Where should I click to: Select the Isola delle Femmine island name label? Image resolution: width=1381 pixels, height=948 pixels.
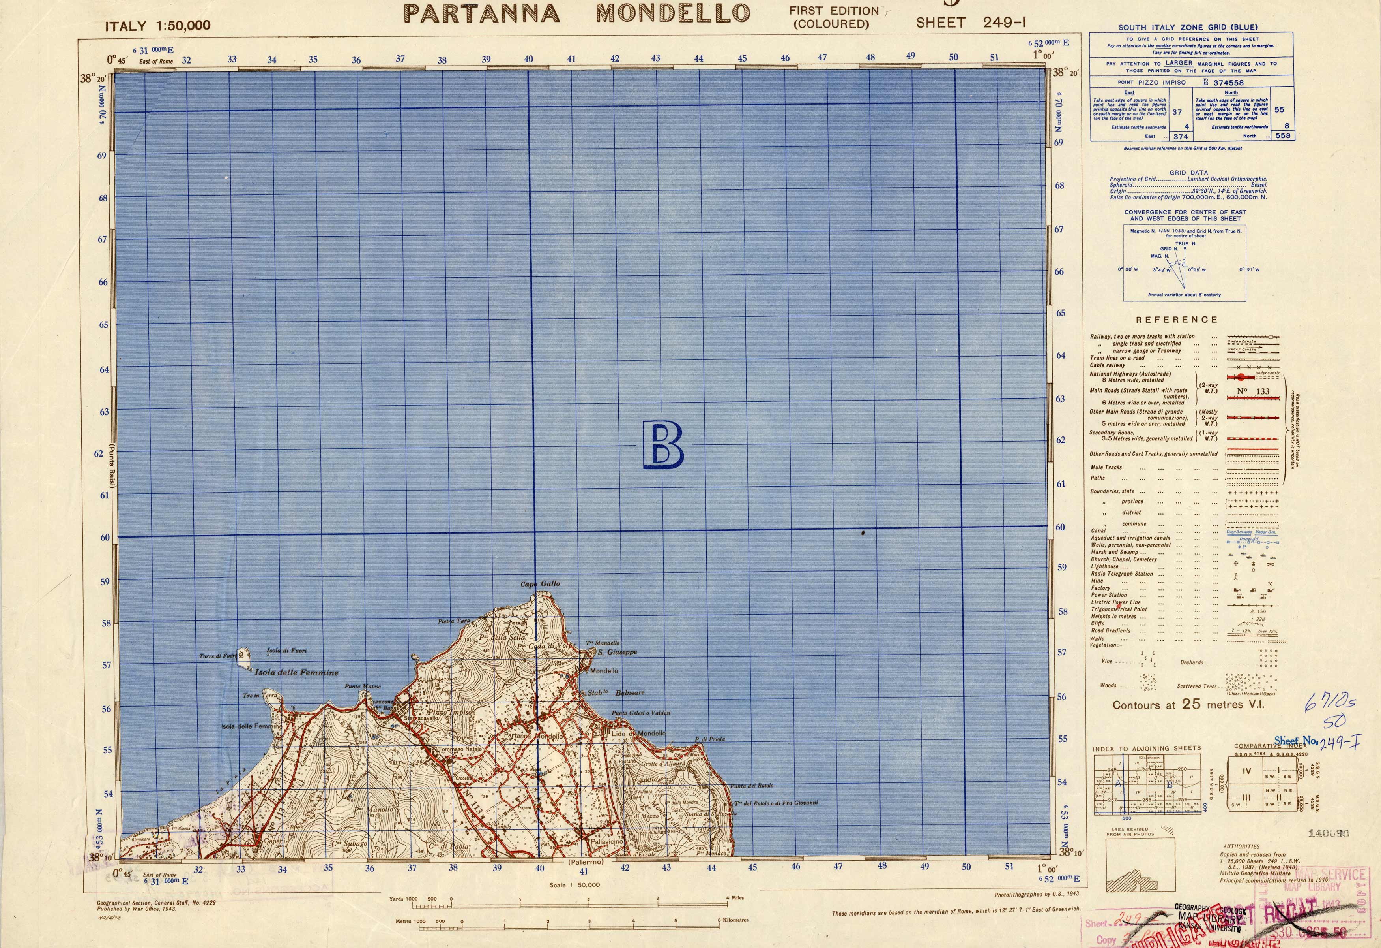pos(297,673)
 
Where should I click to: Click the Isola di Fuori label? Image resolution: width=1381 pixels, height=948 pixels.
pos(287,650)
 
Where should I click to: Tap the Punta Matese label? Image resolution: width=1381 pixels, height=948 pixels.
pos(363,687)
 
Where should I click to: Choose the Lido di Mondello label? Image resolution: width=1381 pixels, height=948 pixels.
pos(639,733)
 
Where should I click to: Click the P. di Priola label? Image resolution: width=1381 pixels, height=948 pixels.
pos(709,739)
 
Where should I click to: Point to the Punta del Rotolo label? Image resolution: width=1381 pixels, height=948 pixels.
pos(752,786)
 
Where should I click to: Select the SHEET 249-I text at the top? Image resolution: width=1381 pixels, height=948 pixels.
pos(971,23)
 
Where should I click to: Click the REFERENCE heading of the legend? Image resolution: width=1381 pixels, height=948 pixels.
pos(1177,320)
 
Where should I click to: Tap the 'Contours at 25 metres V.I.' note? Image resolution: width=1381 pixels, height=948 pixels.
pos(1188,705)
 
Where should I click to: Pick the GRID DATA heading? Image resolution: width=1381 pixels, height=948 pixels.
pos(1188,173)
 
